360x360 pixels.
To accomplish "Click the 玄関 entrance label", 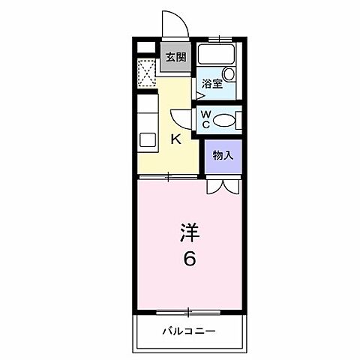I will [175, 56].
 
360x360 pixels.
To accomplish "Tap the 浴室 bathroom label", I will [212, 85].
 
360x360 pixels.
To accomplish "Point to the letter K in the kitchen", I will [175, 139].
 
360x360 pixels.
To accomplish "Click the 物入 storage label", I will [223, 156].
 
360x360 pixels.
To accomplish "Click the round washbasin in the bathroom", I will [228, 75].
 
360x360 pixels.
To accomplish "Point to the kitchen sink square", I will [147, 139].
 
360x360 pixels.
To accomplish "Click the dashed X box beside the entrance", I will [147, 72].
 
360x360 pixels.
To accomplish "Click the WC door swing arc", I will [181, 118].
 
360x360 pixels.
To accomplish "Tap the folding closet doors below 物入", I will [223, 184].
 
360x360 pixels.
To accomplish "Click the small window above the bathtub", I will [220, 37].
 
